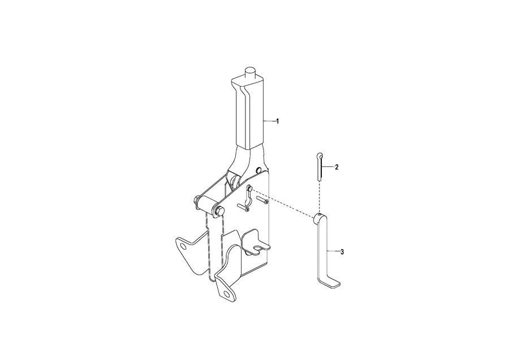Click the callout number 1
coord(278,121)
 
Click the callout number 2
coord(337,167)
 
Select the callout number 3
coord(342,251)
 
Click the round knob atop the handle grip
coord(251,71)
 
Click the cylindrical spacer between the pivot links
coord(206,203)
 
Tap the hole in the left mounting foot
coord(183,247)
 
